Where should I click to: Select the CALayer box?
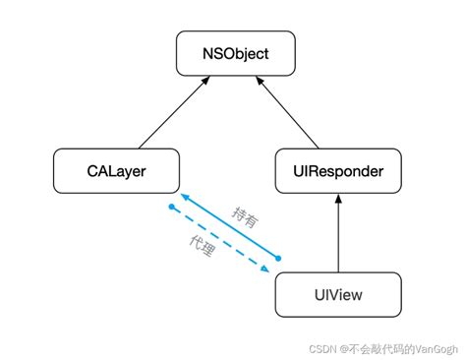click(x=115, y=170)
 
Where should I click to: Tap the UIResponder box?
click(x=338, y=170)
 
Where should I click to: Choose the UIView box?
click(x=338, y=294)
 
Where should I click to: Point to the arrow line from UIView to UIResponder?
click(x=338, y=236)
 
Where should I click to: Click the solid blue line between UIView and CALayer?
click(x=232, y=228)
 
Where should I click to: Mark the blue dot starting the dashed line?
click(x=171, y=207)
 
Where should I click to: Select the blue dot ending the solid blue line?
click(x=278, y=259)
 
